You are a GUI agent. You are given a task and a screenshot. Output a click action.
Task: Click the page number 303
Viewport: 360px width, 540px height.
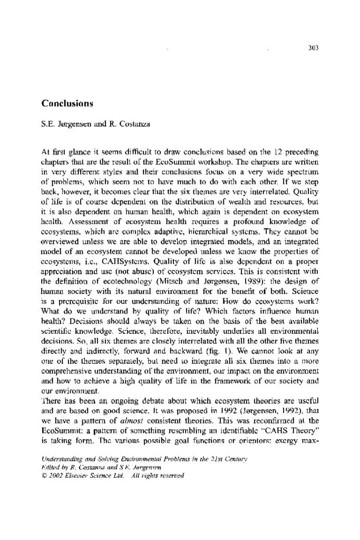(314, 49)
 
